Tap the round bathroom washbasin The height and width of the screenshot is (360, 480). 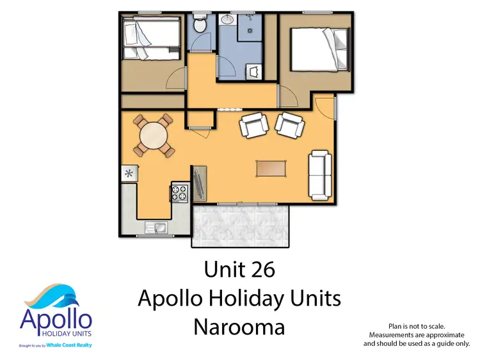227,20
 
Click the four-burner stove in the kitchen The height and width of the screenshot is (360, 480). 179,192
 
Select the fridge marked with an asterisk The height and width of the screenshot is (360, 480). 128,173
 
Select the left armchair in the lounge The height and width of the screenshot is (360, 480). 253,125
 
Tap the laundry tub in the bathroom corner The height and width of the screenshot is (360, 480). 255,71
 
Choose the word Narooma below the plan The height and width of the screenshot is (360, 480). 239,327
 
